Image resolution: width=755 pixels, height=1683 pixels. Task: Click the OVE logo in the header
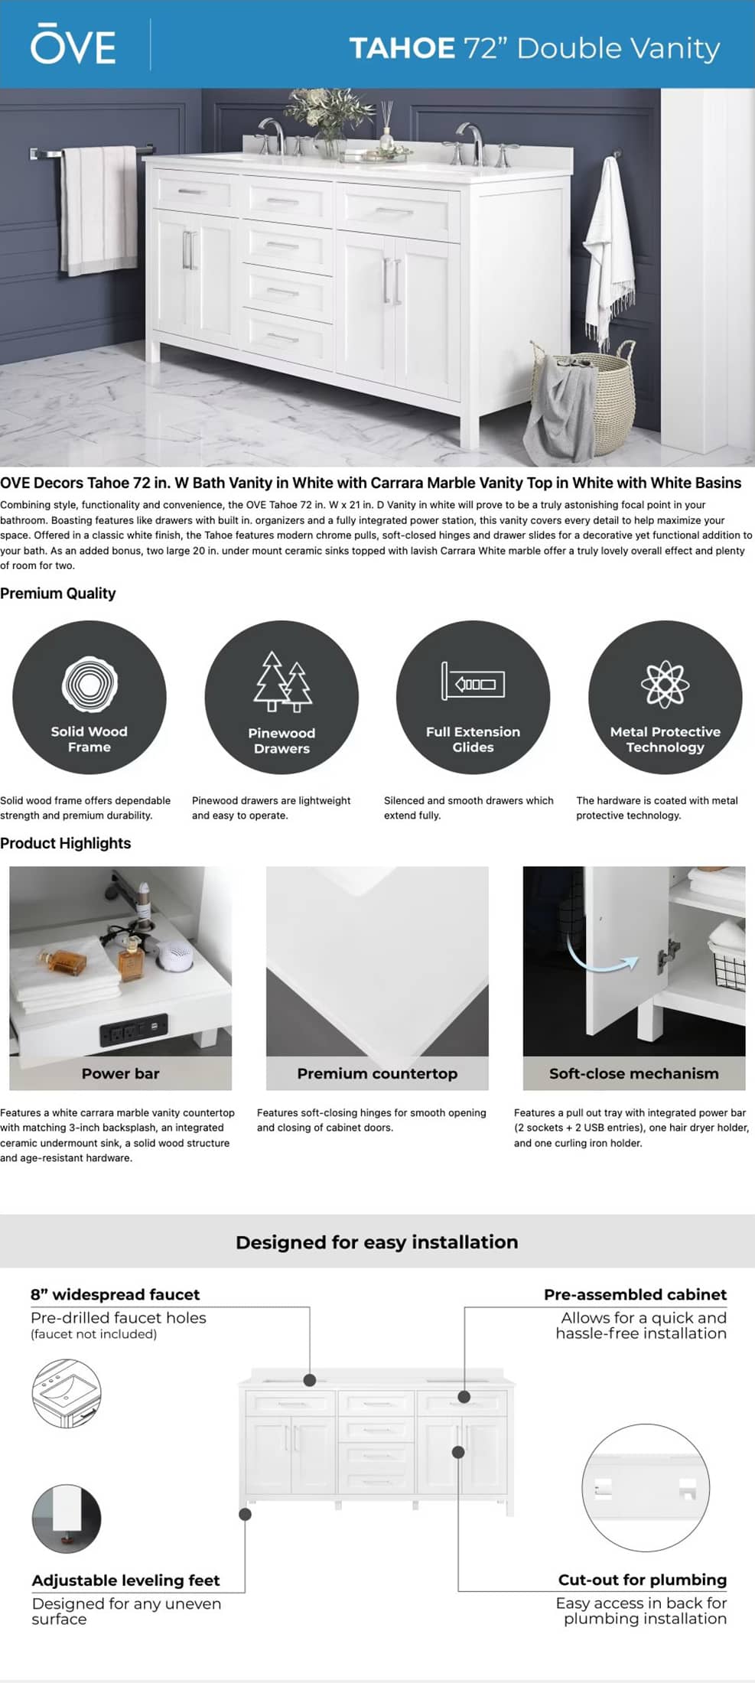[73, 46]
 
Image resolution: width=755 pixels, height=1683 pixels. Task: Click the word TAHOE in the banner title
[402, 48]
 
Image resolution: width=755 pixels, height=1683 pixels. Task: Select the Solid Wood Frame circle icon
[89, 697]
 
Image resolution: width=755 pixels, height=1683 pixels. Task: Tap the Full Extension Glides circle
[473, 697]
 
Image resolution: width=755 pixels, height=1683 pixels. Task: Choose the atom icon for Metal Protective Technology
[665, 684]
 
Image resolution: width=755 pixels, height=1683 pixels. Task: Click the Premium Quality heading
[58, 593]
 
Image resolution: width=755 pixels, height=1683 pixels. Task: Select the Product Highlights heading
[66, 843]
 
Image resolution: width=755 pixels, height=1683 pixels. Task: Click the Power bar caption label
[120, 1073]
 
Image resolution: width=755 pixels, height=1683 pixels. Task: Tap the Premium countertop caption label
[377, 1073]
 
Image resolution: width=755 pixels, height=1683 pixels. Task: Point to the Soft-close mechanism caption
[633, 1073]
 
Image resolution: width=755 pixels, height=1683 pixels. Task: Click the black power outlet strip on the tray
[133, 1030]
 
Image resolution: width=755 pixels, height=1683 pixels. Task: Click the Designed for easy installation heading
[376, 1242]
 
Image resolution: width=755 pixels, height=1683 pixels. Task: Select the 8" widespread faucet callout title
[115, 1294]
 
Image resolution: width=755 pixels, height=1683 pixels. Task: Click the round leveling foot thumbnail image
[67, 1518]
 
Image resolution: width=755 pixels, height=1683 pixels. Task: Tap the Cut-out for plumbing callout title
[642, 1580]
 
